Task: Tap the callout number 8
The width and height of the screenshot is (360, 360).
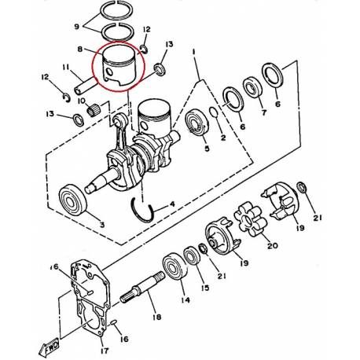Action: tap(80, 49)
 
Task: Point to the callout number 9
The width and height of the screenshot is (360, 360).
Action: tap(76, 26)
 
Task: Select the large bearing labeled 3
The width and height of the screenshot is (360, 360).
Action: tap(73, 200)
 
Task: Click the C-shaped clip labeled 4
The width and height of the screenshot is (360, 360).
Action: tap(142, 210)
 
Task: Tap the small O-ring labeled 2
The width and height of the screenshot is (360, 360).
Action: tap(214, 112)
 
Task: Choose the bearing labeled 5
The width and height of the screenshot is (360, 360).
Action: tap(197, 122)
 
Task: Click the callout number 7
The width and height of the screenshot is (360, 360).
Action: tap(263, 112)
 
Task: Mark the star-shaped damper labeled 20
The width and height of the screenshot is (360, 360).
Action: tap(250, 219)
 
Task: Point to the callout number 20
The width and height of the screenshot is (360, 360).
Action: tap(272, 245)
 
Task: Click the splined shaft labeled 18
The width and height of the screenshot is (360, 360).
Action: tap(142, 288)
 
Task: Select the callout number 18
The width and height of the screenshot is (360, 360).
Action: tap(157, 317)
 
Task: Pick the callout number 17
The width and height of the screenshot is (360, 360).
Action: tap(104, 351)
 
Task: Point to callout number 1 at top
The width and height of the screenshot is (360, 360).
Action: tap(194, 52)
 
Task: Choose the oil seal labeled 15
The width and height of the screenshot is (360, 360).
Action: tap(192, 255)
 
